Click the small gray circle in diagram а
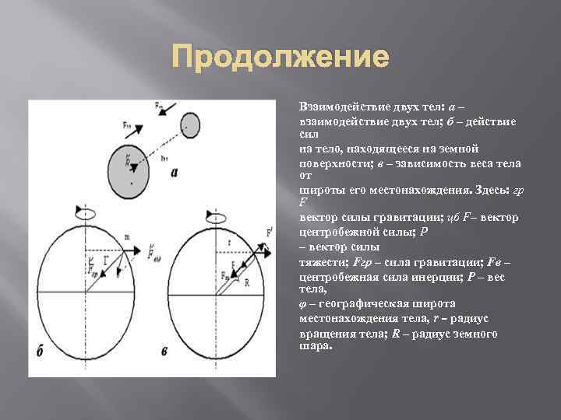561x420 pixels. [189, 124]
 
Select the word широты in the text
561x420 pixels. [321, 189]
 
